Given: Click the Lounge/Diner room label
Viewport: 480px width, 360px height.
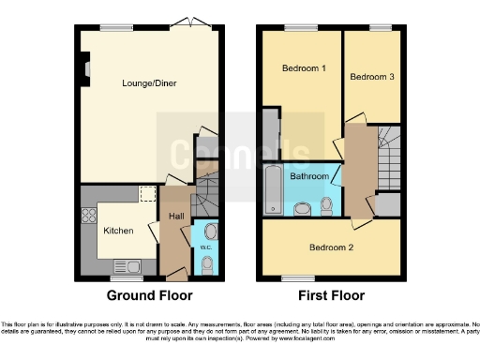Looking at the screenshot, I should pos(149,83).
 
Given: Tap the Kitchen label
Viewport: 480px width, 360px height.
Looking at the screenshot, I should pos(118,231).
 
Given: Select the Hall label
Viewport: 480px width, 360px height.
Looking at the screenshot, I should pos(175,217).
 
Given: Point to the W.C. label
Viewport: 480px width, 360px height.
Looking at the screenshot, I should pos(205,247).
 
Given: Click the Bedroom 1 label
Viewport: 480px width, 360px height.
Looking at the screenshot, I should pos(304,68).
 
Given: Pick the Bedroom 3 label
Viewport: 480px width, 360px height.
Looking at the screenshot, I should pos(372,77).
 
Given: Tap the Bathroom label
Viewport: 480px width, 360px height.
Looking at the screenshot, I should pos(308,176).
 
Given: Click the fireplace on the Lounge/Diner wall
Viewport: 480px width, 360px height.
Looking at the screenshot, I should pos(84,68).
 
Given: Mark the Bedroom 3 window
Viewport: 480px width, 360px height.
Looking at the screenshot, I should pos(380,28).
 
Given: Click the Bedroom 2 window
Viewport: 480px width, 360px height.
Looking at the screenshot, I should pos(299,278).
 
